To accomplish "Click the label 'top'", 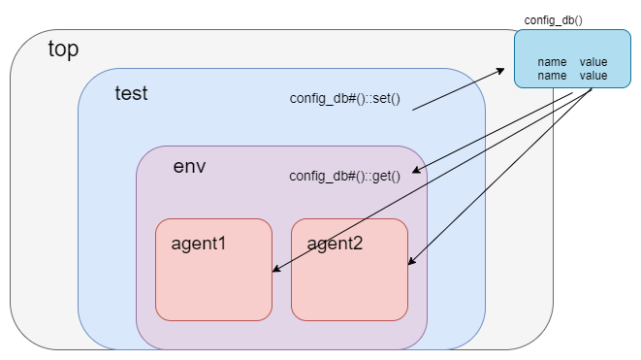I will tap(63, 49).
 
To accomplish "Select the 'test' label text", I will tap(131, 93).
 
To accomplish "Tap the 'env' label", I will tap(189, 165).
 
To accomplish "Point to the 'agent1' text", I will tap(198, 243).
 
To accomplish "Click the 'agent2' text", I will tap(335, 243).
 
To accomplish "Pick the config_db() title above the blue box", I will tap(553, 19).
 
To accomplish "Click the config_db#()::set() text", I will tap(344, 99).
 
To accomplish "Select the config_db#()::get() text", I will tap(344, 176).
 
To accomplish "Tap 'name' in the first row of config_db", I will tap(551, 62).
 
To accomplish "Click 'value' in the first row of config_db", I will tap(593, 62).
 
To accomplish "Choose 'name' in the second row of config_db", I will tap(551, 75).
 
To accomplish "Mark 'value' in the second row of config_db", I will tap(593, 75).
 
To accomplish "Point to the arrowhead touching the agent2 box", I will tap(411, 261).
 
